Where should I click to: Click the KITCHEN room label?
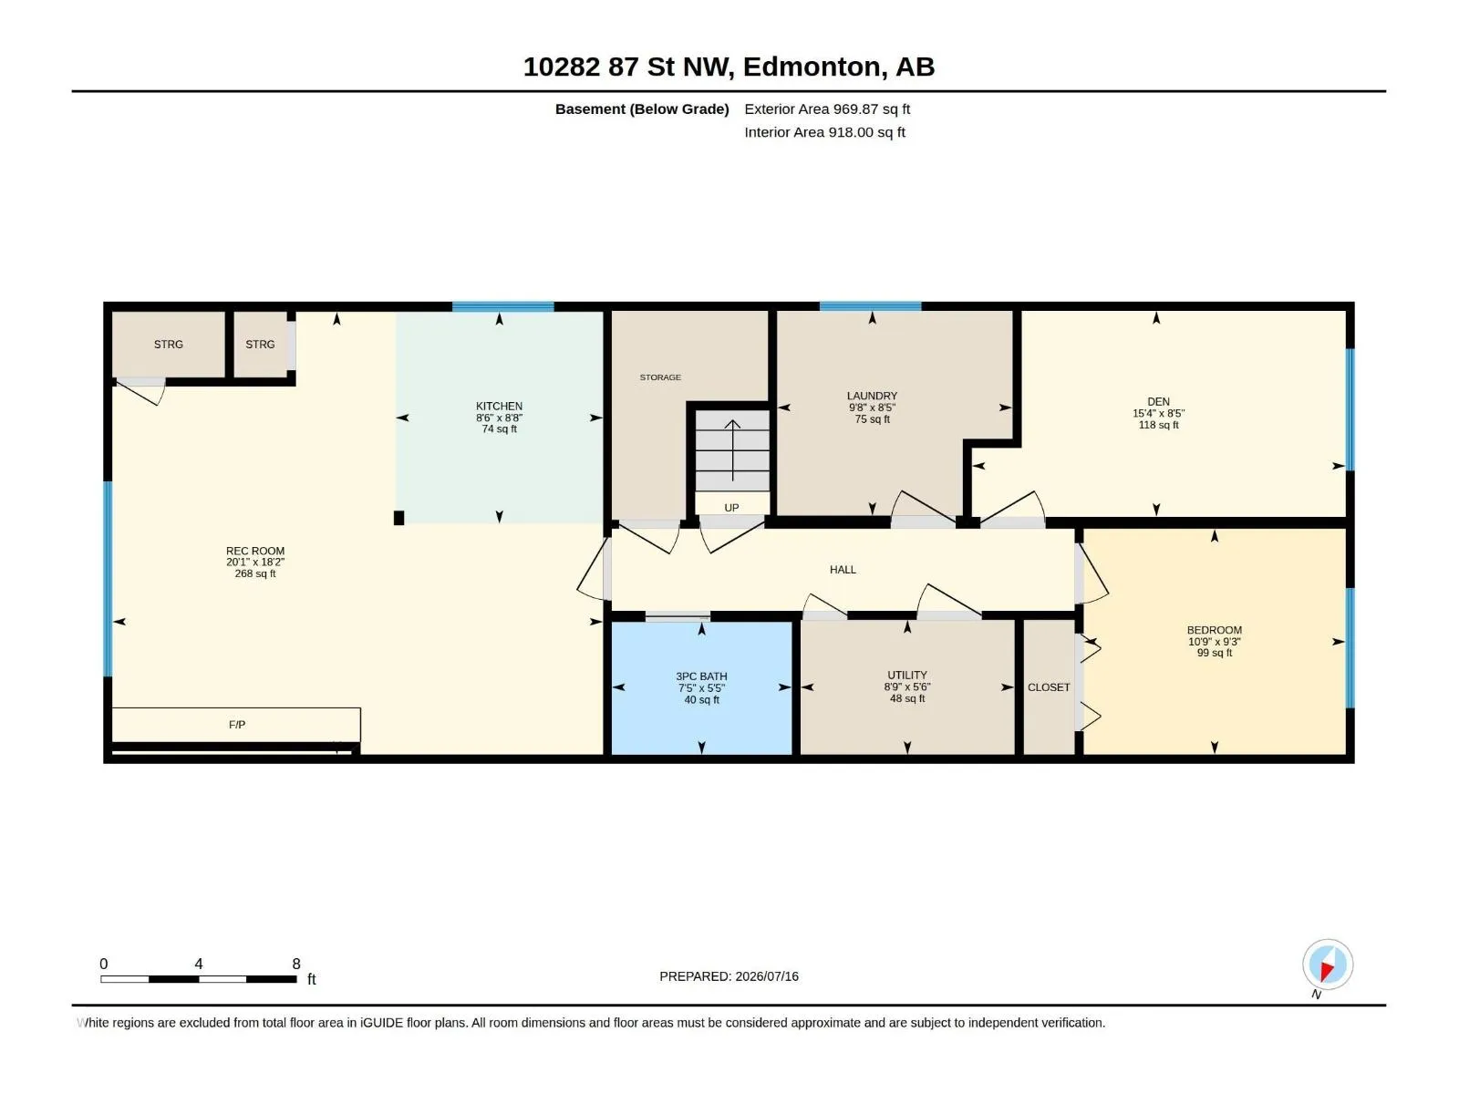point(499,406)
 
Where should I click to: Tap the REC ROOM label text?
point(255,551)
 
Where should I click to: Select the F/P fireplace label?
point(236,725)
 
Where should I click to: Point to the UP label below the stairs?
point(731,508)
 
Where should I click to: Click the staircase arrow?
point(732,450)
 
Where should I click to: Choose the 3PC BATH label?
point(701,676)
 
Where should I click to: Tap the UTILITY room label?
point(906,675)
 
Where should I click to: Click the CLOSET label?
point(1049,687)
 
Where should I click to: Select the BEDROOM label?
point(1214,630)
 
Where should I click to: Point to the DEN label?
point(1158,401)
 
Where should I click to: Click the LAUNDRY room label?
point(872,396)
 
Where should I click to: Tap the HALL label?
point(843,569)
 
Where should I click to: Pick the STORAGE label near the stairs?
point(660,377)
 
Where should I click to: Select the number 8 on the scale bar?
point(296,964)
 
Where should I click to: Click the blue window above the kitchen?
point(502,306)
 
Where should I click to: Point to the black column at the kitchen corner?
point(398,518)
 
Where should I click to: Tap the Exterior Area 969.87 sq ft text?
point(827,108)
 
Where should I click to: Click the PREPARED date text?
point(729,976)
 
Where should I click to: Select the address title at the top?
point(729,67)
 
